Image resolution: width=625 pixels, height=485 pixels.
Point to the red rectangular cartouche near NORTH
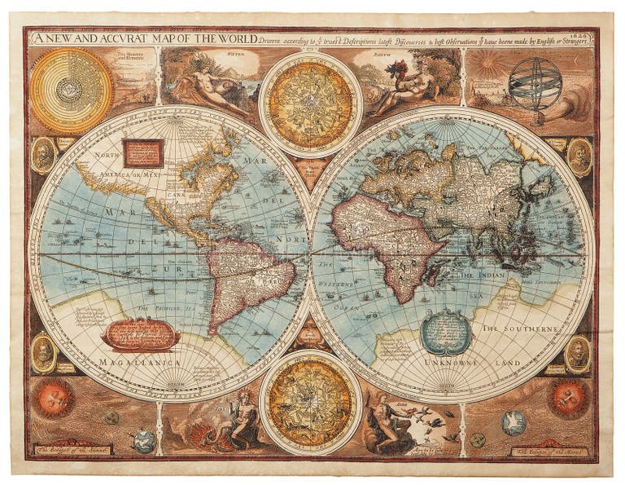coord(143,152)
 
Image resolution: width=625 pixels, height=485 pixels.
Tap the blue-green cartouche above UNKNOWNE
coord(446,331)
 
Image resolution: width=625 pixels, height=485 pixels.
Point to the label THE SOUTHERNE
coord(520,328)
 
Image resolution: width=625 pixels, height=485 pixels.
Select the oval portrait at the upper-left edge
coord(43,155)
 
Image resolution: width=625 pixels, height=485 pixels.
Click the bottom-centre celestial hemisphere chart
coord(311,403)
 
